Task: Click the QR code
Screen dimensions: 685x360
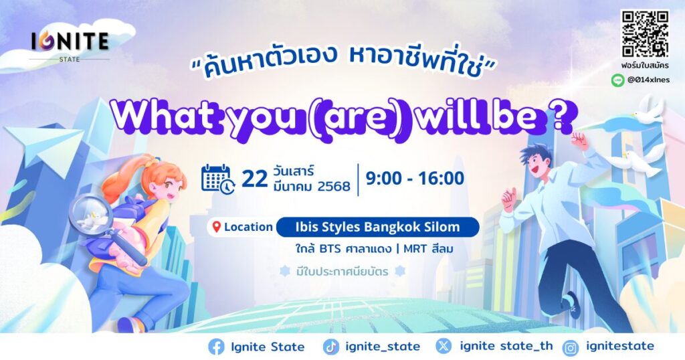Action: [x=646, y=34]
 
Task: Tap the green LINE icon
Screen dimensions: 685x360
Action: [x=617, y=80]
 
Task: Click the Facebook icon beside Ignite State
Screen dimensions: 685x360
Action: [x=216, y=347]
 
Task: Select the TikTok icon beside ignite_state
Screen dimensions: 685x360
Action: [x=330, y=347]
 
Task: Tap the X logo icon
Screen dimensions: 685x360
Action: [x=444, y=347]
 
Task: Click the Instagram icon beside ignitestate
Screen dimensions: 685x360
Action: [x=570, y=347]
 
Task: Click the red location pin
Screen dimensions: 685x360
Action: [x=216, y=228]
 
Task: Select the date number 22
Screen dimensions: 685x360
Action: [x=255, y=179]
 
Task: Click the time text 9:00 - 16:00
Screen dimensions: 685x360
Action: [x=415, y=178]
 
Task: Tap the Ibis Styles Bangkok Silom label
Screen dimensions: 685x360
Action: [x=378, y=228]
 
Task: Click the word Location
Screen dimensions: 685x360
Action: [x=249, y=228]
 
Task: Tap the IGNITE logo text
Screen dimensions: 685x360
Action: [x=70, y=41]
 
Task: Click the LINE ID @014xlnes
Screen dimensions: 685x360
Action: [x=648, y=80]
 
